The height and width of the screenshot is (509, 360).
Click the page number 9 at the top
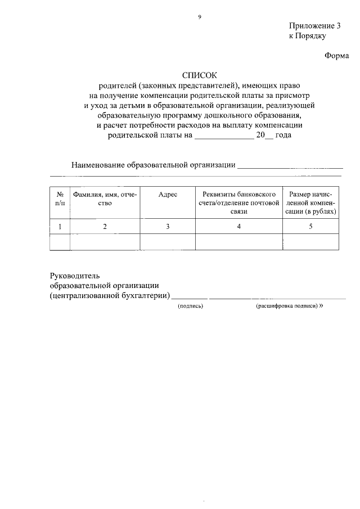[x=199, y=17]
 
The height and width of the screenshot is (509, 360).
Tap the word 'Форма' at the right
[x=337, y=55]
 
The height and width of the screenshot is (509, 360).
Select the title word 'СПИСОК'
[x=199, y=75]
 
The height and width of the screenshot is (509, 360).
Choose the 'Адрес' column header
[x=168, y=194]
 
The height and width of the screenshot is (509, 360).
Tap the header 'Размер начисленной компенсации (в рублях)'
[x=310, y=202]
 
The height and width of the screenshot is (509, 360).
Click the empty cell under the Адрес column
[x=168, y=242]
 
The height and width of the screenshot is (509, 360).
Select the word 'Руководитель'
[x=75, y=276]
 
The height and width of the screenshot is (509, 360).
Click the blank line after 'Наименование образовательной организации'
[x=290, y=165]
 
